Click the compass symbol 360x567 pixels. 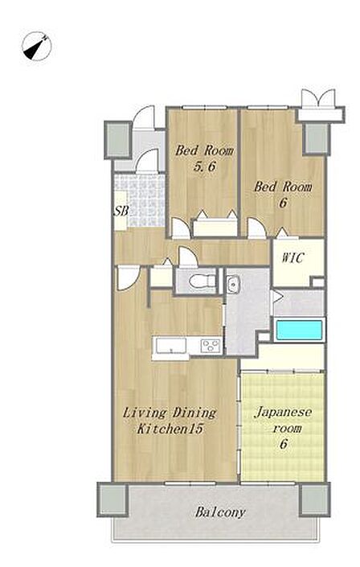36,47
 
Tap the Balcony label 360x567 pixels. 220,512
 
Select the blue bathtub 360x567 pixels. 299,330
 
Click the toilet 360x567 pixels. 202,281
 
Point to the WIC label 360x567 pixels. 292,258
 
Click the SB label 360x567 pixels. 121,211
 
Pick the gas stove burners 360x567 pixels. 211,346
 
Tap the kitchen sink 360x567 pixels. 171,346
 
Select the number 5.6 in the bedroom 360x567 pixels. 205,166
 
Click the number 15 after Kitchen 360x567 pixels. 195,429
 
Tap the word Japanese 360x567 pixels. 283,413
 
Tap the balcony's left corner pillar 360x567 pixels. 112,499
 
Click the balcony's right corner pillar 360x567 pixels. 314,499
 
